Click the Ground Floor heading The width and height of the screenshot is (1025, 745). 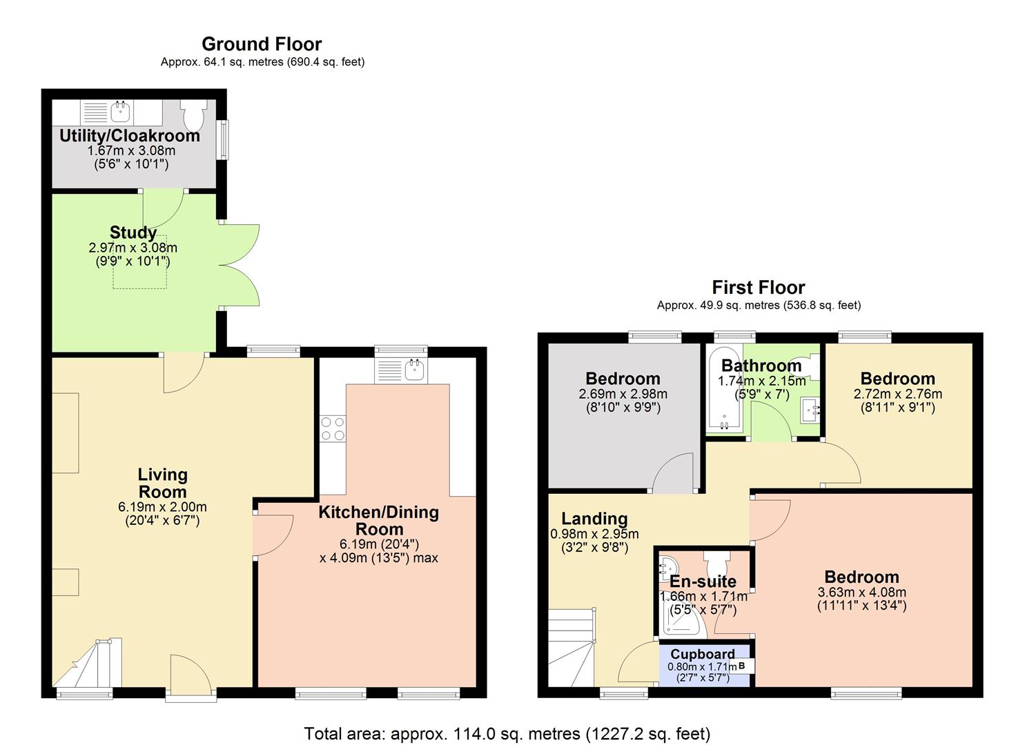262,44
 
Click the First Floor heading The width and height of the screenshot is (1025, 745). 759,287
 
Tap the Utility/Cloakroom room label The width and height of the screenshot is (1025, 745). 130,136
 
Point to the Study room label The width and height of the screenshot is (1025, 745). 133,232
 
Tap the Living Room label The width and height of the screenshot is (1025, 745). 162,483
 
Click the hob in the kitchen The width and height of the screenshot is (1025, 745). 332,428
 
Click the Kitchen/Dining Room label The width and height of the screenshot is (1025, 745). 379,520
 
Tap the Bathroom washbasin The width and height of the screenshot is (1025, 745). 810,410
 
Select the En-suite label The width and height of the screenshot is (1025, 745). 703,582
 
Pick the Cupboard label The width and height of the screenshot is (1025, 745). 703,654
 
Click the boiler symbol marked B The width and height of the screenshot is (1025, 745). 743,666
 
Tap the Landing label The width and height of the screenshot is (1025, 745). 594,519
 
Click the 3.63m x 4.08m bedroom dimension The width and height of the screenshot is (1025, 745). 861,593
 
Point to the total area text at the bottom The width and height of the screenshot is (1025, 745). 507,733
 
